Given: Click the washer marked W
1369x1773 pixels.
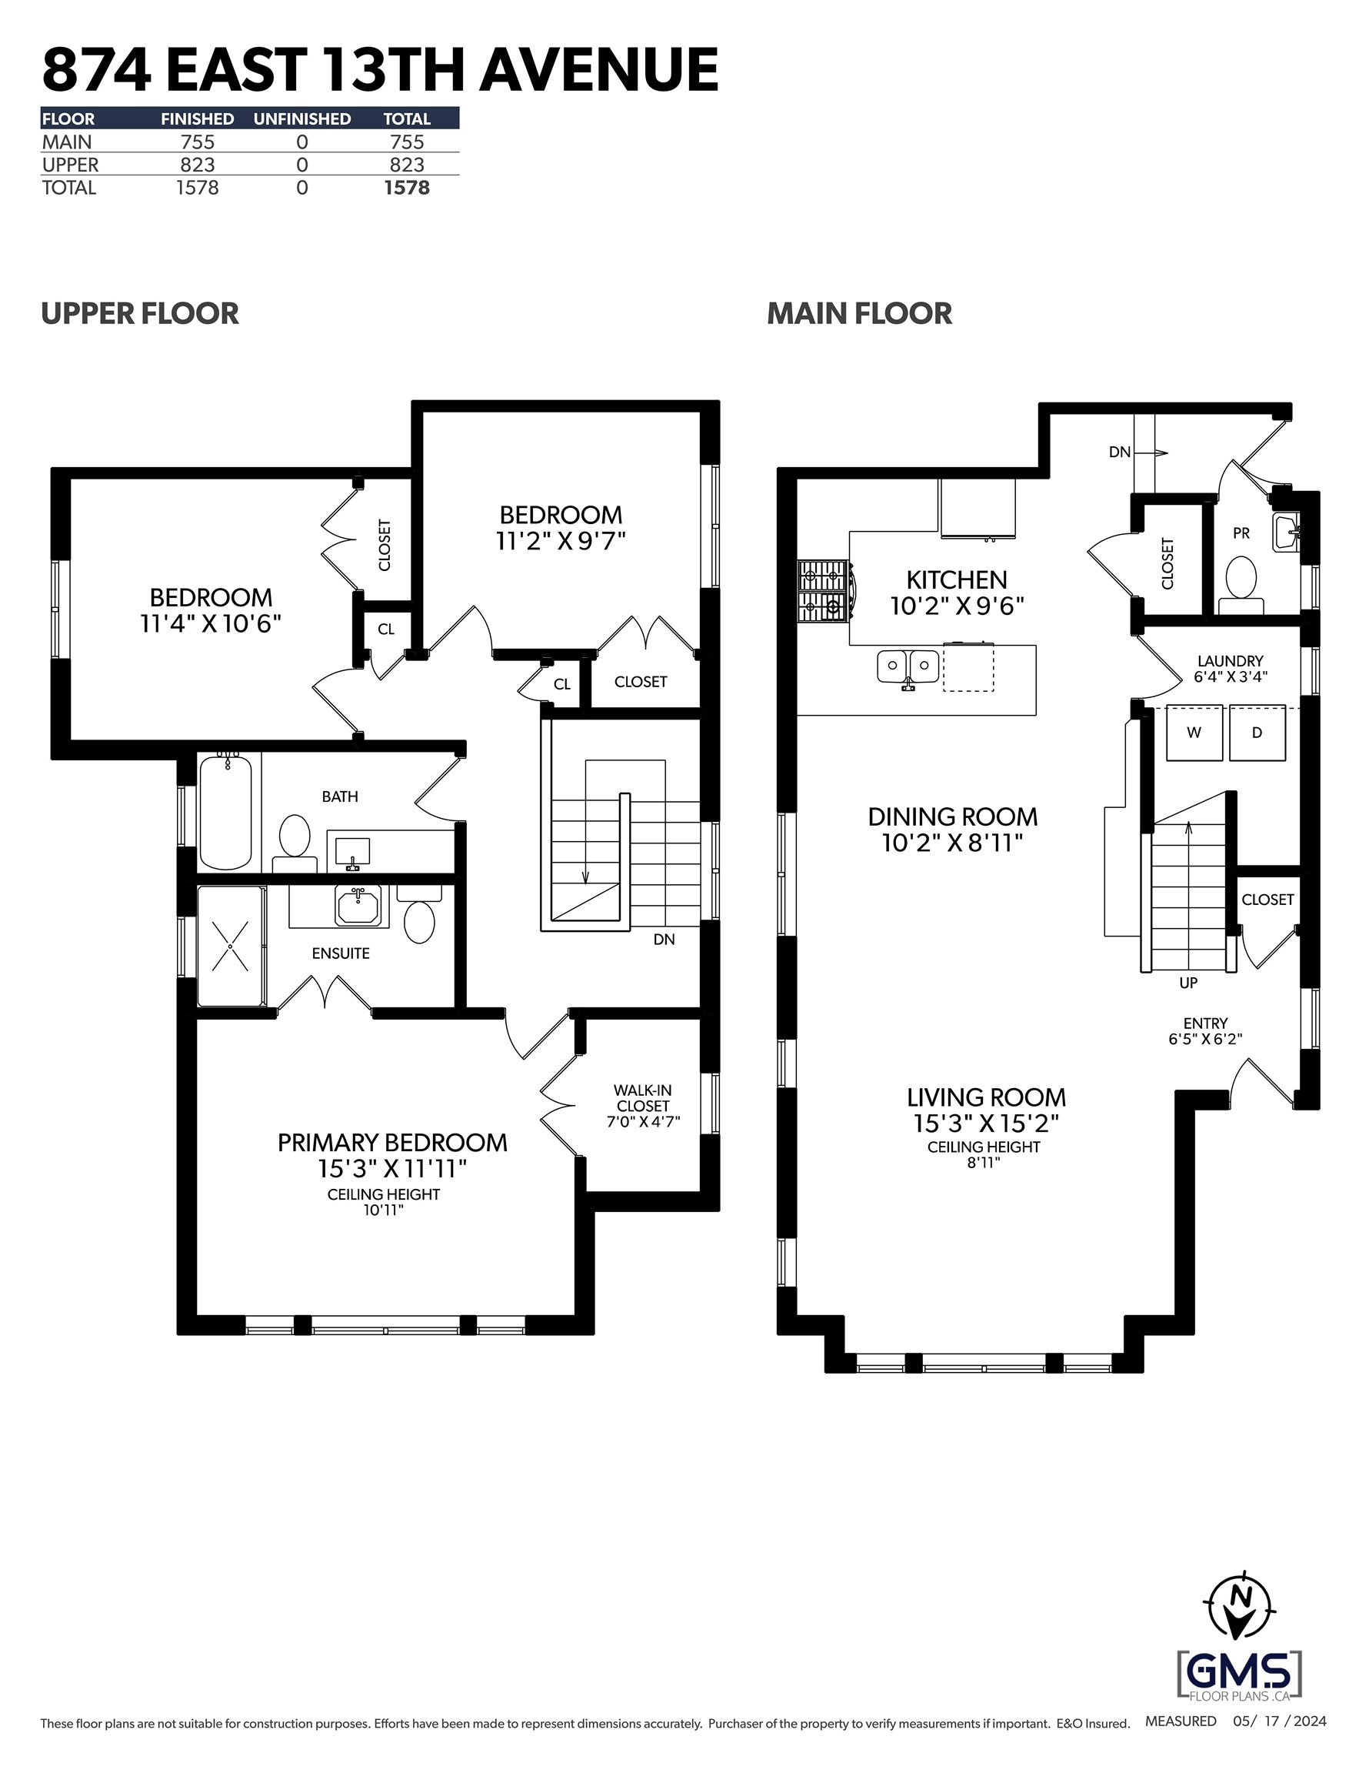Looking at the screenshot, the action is [x=1194, y=733].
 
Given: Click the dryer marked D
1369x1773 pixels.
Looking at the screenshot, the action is [x=1257, y=733].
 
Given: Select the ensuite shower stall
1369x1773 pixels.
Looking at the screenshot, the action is [x=231, y=946].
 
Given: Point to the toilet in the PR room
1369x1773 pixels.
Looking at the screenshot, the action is [x=1241, y=586].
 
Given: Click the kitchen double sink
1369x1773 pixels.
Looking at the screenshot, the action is [x=908, y=667].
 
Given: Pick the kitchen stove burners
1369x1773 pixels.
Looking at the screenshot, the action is [x=824, y=591].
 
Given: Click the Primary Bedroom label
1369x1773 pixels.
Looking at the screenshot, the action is [x=393, y=1142].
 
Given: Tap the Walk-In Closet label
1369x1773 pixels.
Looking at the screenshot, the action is [x=643, y=1097].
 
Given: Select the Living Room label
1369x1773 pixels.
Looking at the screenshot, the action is [x=986, y=1097].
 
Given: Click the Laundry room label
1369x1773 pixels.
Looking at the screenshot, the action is [x=1231, y=661].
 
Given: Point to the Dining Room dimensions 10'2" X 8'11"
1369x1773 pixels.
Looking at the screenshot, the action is [x=952, y=843].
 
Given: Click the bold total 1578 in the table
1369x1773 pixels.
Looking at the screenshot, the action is [x=407, y=188].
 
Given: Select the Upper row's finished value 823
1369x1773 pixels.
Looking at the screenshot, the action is [x=197, y=165].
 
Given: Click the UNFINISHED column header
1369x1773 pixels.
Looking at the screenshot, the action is [x=302, y=119].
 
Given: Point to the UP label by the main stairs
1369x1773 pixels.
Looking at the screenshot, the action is [x=1188, y=983].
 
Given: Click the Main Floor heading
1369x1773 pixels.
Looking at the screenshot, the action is [x=859, y=313].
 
